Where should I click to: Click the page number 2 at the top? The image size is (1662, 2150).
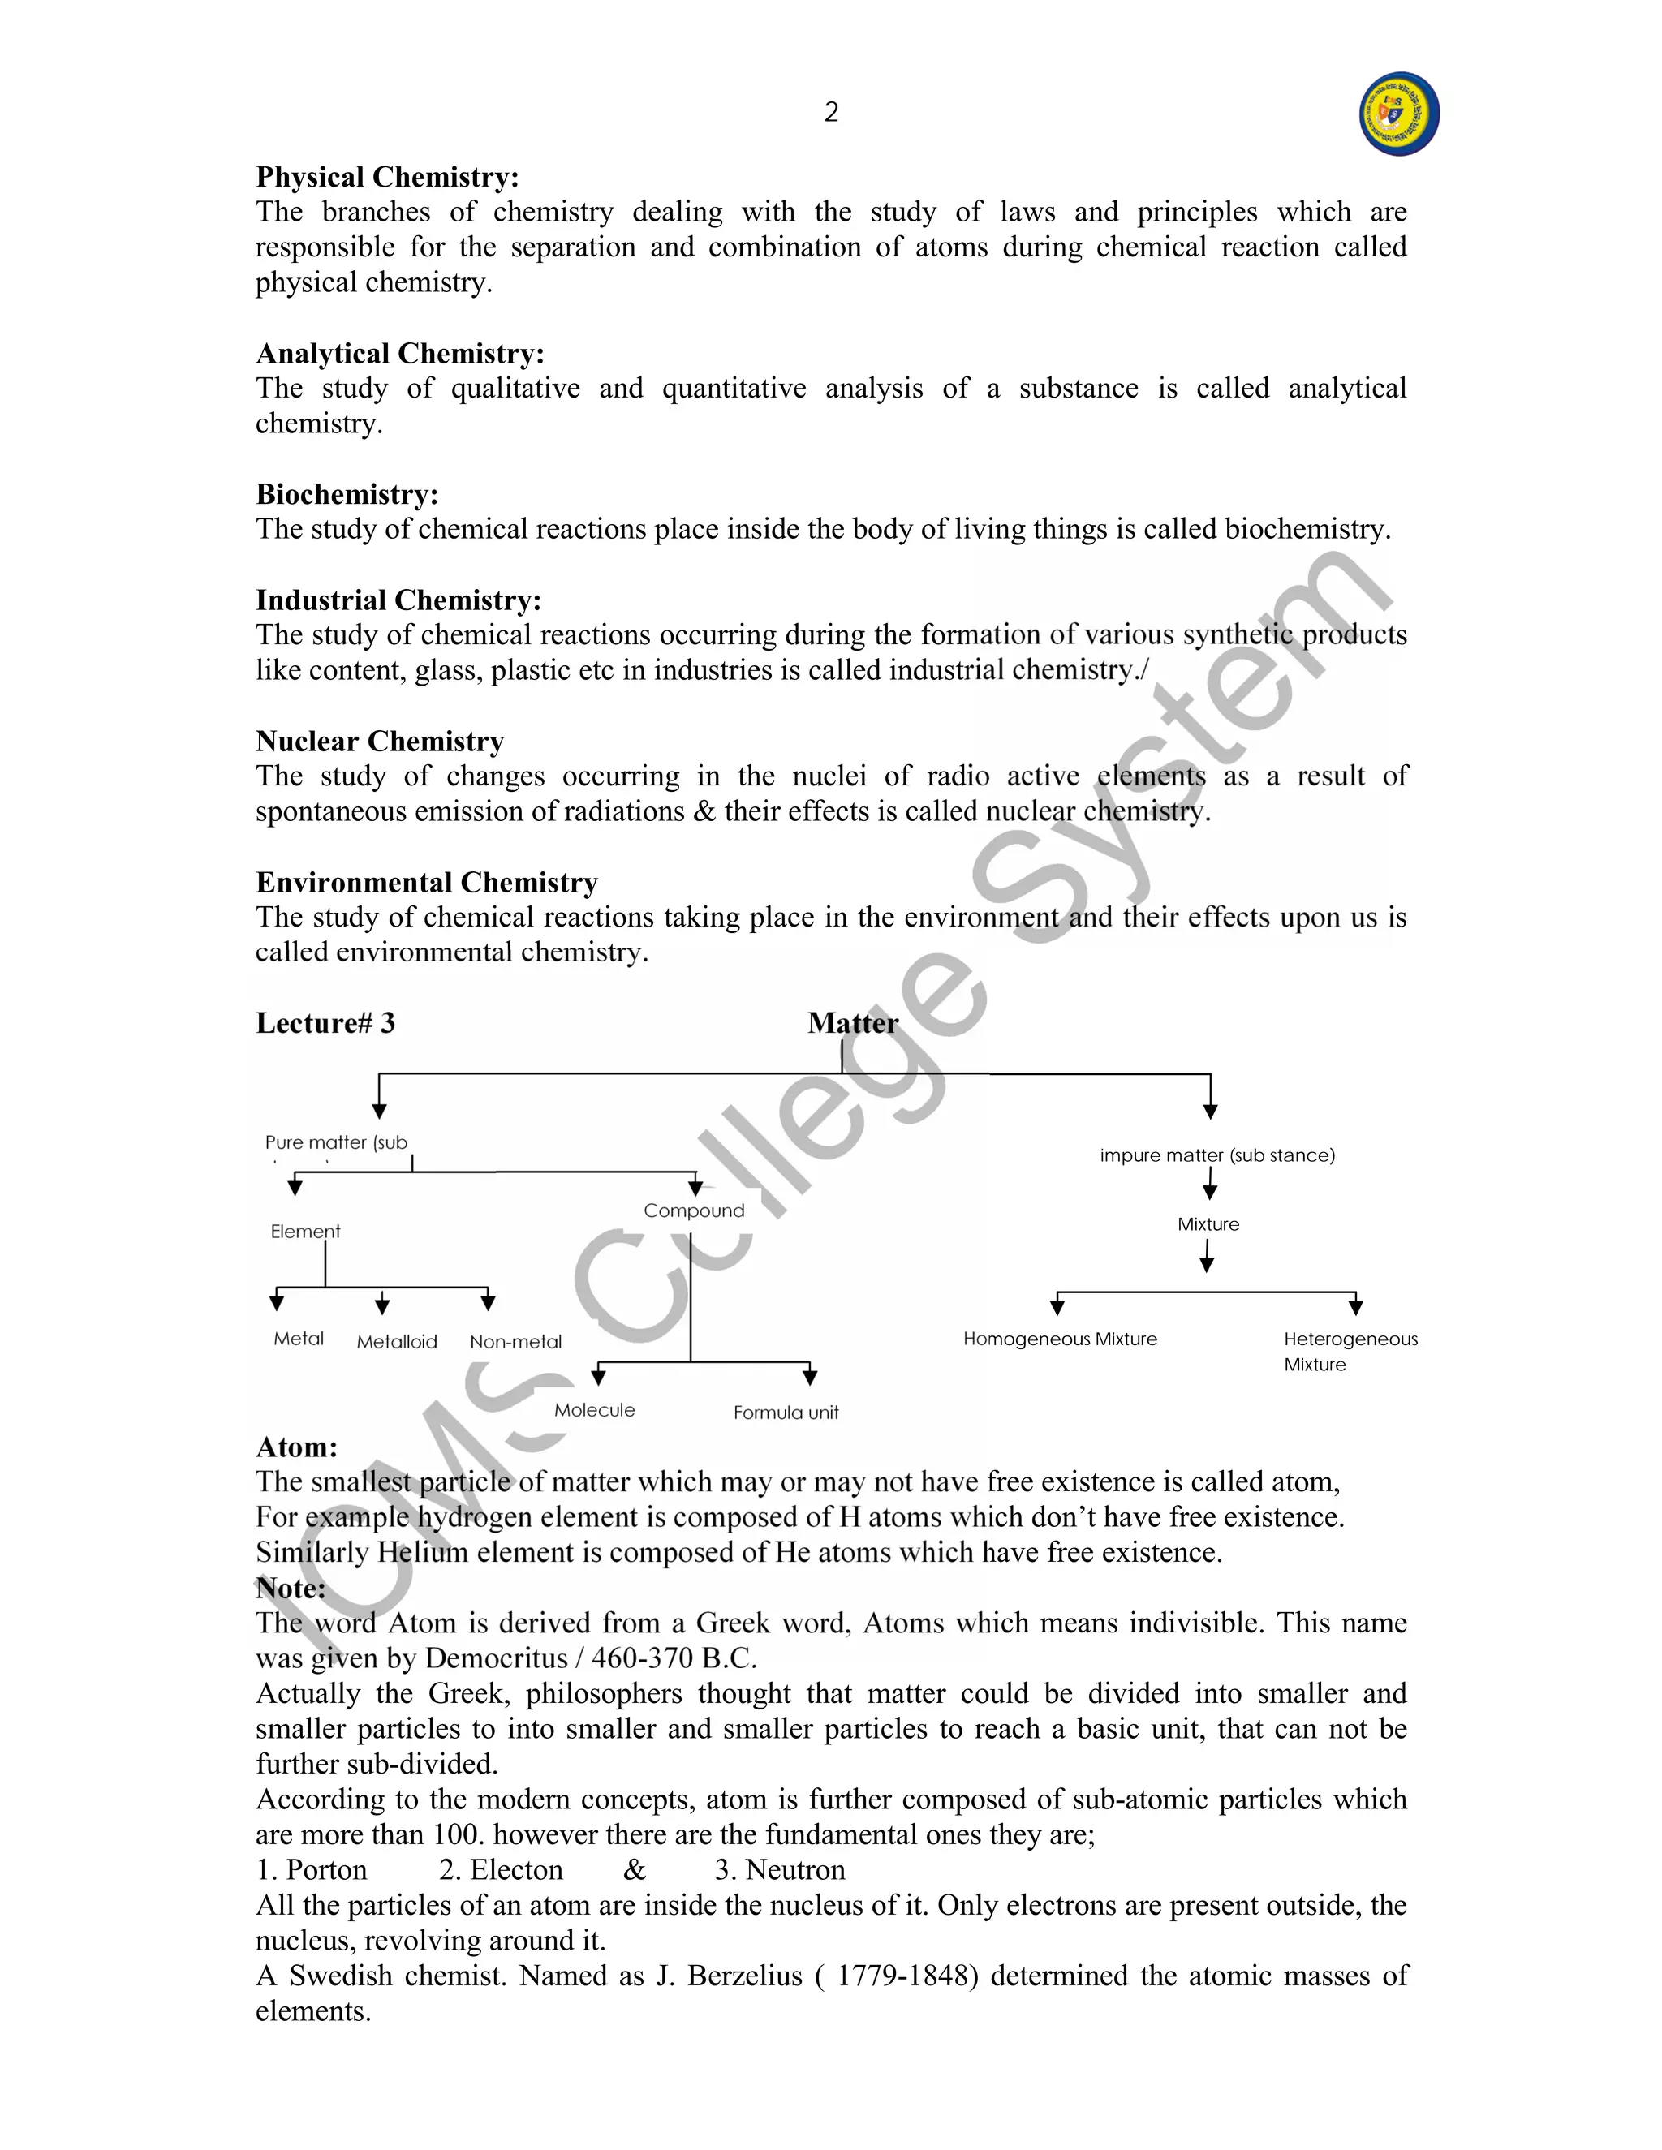(x=831, y=112)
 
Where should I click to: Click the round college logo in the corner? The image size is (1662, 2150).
(x=1398, y=114)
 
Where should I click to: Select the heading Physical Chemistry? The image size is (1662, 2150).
(x=387, y=177)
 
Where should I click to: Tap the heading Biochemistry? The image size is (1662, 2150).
(x=347, y=494)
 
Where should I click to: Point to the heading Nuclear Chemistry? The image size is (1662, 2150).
(x=379, y=742)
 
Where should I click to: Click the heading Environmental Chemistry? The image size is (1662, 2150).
(x=426, y=882)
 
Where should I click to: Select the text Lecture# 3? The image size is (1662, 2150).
(x=325, y=1023)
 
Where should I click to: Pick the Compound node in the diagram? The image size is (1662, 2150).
(x=693, y=1210)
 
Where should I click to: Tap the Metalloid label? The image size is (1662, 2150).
(x=396, y=1342)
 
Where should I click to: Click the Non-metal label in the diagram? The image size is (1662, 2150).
(x=515, y=1342)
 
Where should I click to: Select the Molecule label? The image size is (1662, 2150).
(x=594, y=1411)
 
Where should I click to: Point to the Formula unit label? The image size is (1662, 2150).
(x=785, y=1413)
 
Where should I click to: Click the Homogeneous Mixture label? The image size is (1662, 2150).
(x=1059, y=1339)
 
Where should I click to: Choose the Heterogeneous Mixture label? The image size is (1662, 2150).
(x=1349, y=1351)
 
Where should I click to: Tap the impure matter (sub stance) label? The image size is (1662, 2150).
(x=1217, y=1155)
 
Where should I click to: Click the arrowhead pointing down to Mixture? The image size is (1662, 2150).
(x=1210, y=1193)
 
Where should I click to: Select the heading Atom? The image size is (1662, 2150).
(x=296, y=1447)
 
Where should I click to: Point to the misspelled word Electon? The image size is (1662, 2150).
(x=516, y=1870)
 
